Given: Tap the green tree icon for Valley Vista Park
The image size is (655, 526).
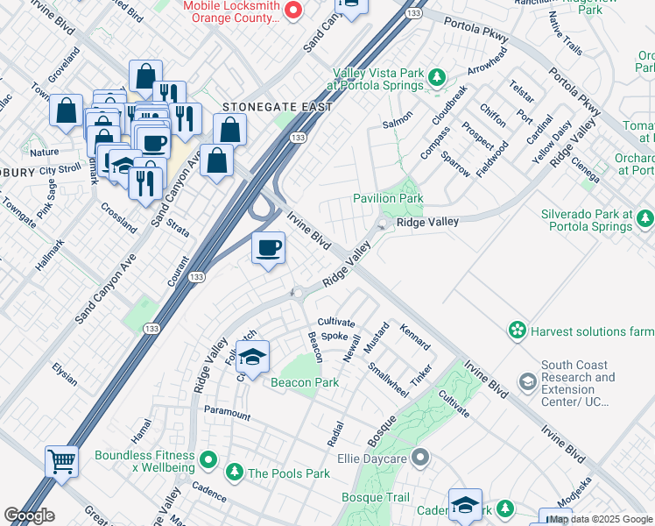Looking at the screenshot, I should [x=436, y=79].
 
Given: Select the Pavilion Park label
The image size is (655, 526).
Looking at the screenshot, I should [x=388, y=199].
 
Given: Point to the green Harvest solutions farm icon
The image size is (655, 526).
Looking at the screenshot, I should [x=518, y=331].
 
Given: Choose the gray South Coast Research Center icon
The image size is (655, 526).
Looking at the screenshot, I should [x=527, y=381].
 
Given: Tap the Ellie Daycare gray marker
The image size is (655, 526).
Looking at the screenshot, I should [x=421, y=457].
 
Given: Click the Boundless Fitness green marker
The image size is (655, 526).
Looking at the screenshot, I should [x=208, y=458].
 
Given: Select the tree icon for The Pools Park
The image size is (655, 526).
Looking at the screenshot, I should [x=234, y=473].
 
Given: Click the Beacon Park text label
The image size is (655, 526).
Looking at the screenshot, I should [x=304, y=383].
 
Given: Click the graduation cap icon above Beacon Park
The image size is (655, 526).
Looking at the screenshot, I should [x=252, y=357].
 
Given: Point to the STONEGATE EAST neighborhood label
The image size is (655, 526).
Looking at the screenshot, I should [x=277, y=107].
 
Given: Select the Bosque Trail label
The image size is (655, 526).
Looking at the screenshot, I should [x=374, y=498].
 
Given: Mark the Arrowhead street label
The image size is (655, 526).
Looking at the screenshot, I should [x=488, y=64].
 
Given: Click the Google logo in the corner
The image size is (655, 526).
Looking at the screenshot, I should [x=29, y=515].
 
